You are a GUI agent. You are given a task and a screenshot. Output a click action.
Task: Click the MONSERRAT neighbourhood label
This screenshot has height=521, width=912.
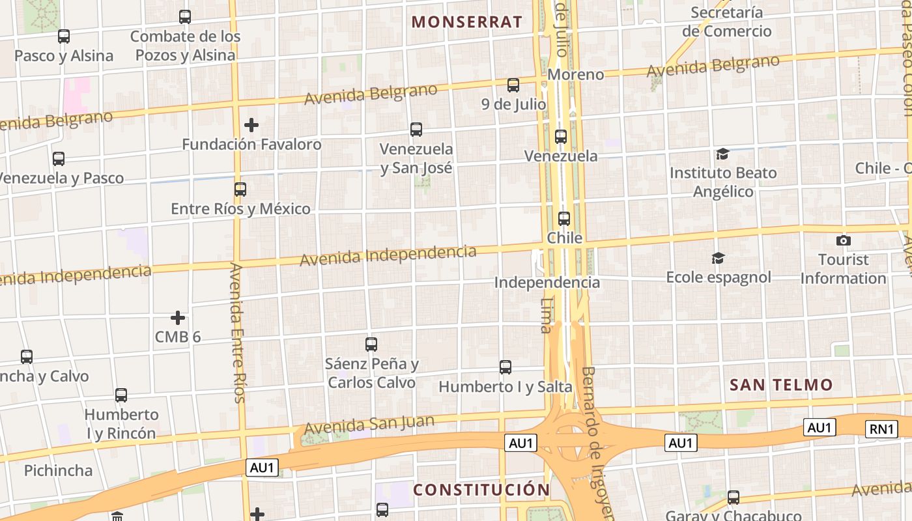[466, 21]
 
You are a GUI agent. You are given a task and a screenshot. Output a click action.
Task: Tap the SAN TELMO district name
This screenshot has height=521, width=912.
[781, 384]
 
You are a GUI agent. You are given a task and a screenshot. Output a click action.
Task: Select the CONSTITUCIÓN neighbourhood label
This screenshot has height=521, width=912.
[481, 489]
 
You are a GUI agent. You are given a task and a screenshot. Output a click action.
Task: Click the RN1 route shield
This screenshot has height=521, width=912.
[881, 429]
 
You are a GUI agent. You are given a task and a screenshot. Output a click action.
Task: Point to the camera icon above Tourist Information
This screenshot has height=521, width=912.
[844, 241]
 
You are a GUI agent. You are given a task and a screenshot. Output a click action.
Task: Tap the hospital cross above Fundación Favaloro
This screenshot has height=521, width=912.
[251, 124]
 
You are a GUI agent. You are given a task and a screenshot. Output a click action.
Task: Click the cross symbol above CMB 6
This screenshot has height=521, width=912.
[178, 318]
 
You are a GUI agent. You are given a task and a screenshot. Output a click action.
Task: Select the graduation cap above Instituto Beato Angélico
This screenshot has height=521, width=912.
[722, 154]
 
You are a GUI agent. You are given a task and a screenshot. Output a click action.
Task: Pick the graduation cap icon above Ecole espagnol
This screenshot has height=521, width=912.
[718, 259]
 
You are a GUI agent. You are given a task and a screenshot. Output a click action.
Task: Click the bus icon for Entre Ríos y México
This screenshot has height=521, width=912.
[240, 190]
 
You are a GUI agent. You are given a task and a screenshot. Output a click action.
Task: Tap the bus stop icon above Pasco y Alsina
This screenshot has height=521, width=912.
[64, 36]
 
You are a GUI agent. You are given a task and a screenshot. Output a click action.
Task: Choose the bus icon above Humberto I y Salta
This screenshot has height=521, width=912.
[506, 367]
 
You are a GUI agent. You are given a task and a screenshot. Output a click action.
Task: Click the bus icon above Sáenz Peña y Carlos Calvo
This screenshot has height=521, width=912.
[371, 344]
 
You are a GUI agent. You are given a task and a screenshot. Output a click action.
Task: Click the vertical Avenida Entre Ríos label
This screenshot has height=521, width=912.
[238, 332]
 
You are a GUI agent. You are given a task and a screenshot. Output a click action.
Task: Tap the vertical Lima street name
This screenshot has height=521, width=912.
[547, 315]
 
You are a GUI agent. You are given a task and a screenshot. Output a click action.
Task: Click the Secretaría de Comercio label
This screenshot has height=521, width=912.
[726, 21]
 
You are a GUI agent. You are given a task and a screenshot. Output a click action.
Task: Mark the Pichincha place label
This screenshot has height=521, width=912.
[58, 470]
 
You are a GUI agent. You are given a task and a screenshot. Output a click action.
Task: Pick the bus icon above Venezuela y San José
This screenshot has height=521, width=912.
[416, 130]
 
